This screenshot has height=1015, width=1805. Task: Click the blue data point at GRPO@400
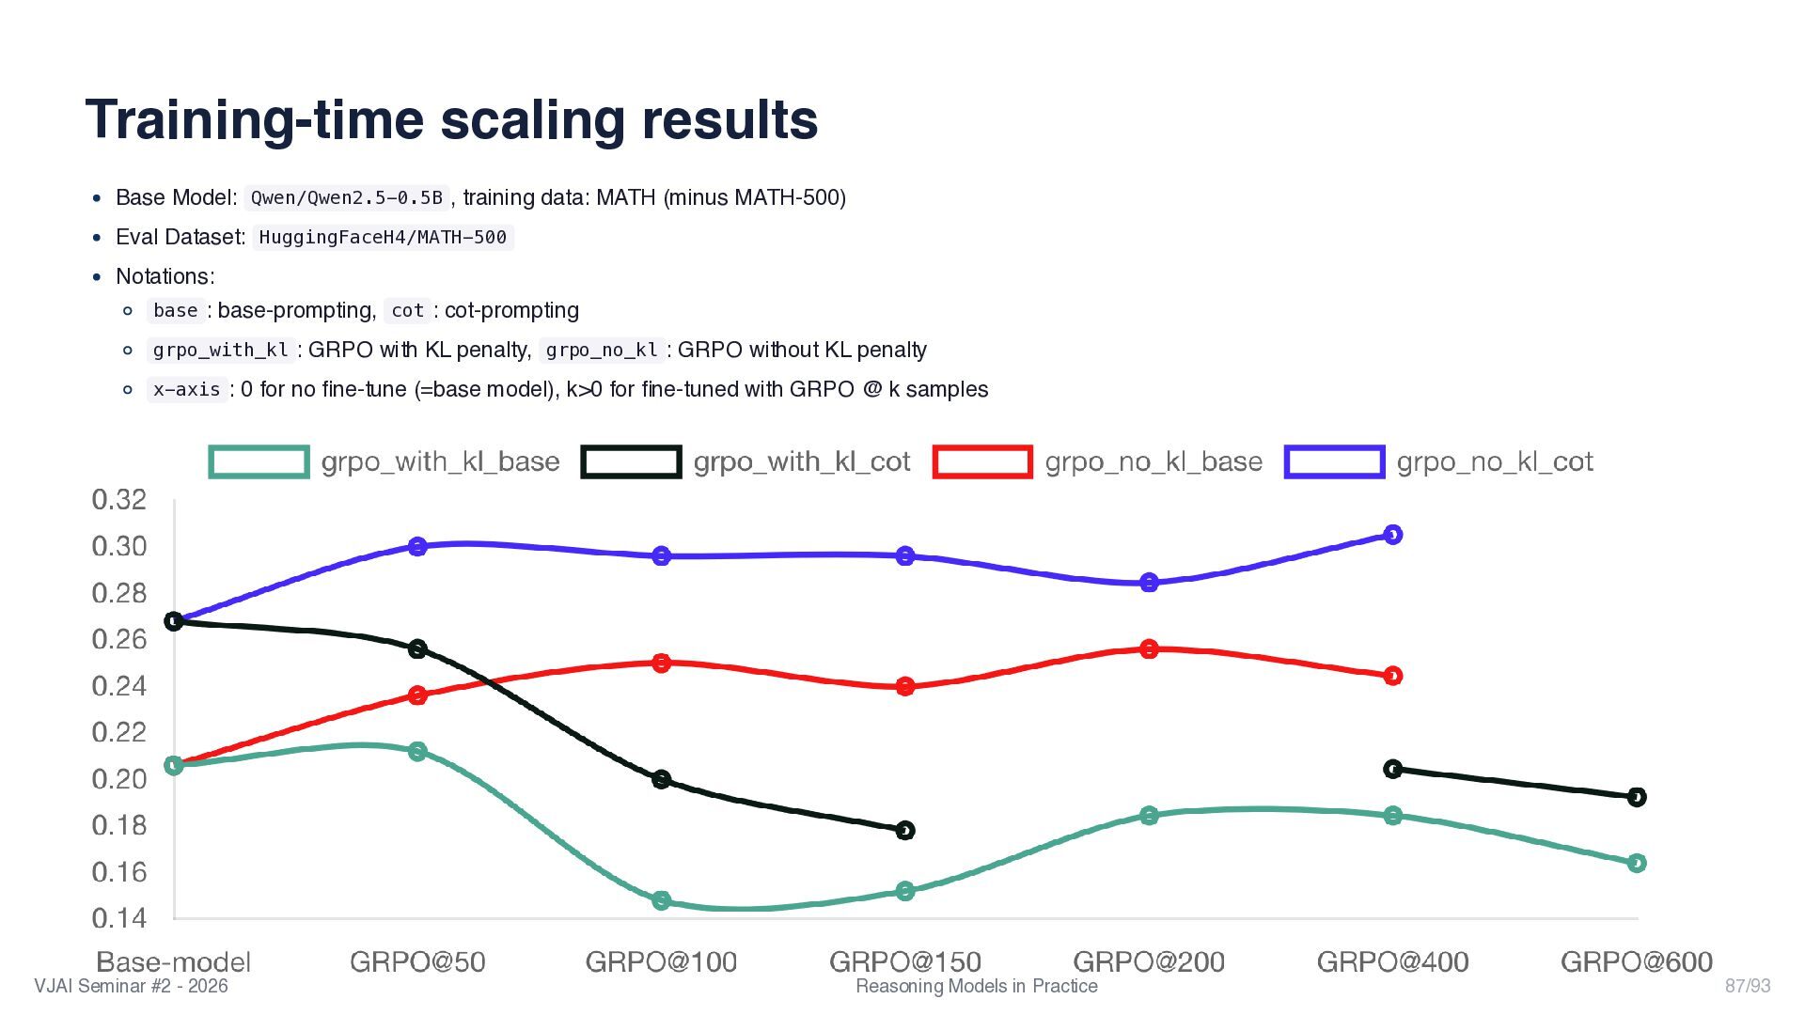pyautogui.click(x=1393, y=535)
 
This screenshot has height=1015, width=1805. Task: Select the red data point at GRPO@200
pyautogui.click(x=1149, y=649)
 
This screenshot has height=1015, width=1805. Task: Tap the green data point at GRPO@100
pyautogui.click(x=661, y=900)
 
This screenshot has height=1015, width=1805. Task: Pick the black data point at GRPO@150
pyautogui.click(x=905, y=830)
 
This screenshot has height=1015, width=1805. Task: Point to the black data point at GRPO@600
pyautogui.click(x=1637, y=797)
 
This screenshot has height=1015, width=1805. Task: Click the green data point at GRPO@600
pyautogui.click(x=1637, y=863)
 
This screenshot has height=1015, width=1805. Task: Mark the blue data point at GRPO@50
pyautogui.click(x=417, y=546)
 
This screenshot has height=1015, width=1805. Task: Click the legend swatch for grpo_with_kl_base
pyautogui.click(x=259, y=461)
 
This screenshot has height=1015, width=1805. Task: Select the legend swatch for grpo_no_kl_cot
pyautogui.click(x=1334, y=461)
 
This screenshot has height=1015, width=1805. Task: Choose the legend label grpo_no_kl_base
pyautogui.click(x=1154, y=461)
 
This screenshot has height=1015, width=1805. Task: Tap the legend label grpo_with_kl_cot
pyautogui.click(x=802, y=461)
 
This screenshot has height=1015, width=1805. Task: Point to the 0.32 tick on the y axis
pyautogui.click(x=119, y=499)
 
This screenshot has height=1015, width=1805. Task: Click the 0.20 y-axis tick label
pyautogui.click(x=119, y=778)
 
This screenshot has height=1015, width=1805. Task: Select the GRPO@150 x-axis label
pyautogui.click(x=905, y=961)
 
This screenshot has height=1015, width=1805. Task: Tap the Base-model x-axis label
pyautogui.click(x=174, y=961)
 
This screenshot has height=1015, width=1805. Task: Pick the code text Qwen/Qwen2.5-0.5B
pyautogui.click(x=346, y=197)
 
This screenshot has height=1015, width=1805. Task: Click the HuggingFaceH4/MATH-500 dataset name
pyautogui.click(x=383, y=237)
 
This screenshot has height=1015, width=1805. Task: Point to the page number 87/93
pyautogui.click(x=1748, y=986)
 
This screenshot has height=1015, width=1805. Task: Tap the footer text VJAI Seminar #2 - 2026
pyautogui.click(x=131, y=986)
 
